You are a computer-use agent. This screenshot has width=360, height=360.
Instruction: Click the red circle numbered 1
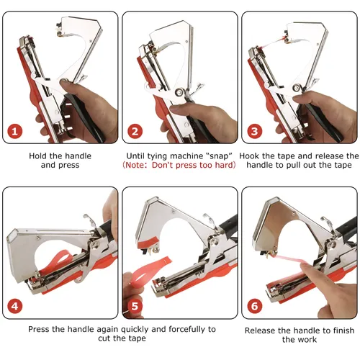click(14, 131)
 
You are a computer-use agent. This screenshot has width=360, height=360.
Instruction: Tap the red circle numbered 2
click(135, 131)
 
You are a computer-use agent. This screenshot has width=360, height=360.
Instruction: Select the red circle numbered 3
click(254, 131)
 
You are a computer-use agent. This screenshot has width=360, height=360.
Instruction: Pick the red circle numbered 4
click(14, 306)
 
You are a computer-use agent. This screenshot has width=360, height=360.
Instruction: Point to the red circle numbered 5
click(135, 306)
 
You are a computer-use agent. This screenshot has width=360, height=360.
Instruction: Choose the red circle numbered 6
click(254, 306)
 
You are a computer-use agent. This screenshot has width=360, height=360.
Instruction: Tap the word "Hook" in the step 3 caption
click(249, 156)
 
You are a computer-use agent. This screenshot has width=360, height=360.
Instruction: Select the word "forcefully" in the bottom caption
click(187, 330)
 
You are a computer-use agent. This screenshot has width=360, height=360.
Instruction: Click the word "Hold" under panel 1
click(38, 156)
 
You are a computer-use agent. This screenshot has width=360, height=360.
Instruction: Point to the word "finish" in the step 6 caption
click(343, 330)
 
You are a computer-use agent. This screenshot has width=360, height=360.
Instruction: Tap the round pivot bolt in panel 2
click(179, 91)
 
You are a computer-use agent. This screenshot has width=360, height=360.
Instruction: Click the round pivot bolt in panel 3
click(297, 88)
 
